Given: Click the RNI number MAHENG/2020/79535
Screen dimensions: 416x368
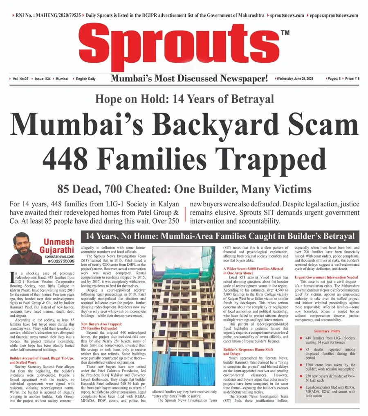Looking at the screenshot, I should pos(45,15).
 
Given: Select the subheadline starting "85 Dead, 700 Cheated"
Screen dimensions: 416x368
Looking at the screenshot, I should pos(184,189).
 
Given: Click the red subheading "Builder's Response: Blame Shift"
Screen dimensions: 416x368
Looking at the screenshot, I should pos(251,349).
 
